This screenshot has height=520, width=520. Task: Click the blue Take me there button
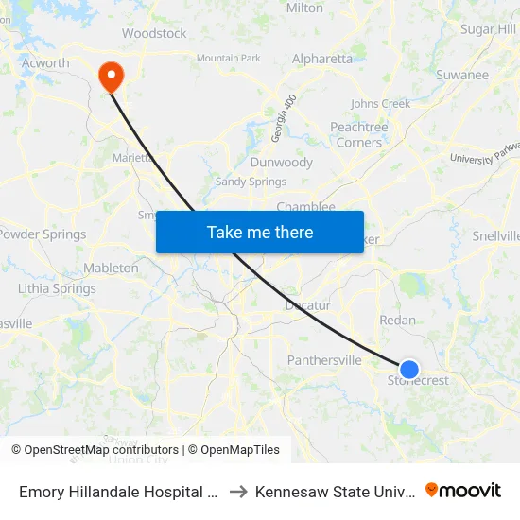tap(260, 232)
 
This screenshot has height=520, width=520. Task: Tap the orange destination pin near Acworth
tap(111, 75)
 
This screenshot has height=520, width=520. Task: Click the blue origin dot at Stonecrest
tap(409, 369)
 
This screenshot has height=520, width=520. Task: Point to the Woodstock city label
tap(154, 33)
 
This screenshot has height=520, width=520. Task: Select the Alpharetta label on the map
tap(322, 59)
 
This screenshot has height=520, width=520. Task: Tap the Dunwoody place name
tap(281, 163)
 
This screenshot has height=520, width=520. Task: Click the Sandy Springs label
tap(251, 182)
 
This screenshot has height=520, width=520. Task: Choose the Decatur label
tap(308, 305)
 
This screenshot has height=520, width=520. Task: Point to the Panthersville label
tap(324, 360)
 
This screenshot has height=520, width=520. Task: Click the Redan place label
tap(397, 321)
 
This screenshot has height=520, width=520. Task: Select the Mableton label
tap(111, 268)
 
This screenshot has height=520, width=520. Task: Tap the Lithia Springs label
tap(57, 288)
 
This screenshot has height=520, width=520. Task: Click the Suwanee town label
tap(462, 75)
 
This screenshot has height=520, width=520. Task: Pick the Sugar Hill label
tap(488, 29)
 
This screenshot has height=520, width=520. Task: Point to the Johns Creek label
tap(380, 104)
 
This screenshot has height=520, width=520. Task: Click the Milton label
tap(304, 8)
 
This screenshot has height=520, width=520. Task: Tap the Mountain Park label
tap(228, 59)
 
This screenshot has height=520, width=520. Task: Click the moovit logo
tap(463, 490)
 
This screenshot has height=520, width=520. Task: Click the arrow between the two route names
tap(239, 492)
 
